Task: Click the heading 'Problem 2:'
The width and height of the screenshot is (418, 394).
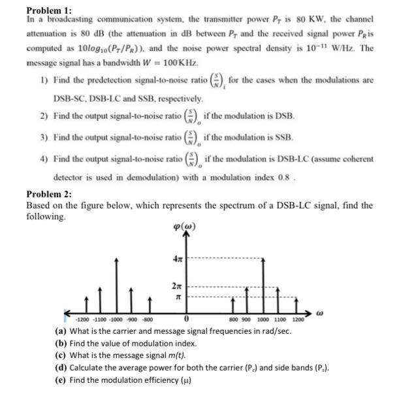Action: pyautogui.click(x=50, y=194)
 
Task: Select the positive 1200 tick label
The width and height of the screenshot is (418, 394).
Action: pyautogui.click(x=297, y=320)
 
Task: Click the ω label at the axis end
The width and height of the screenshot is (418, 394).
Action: pyautogui.click(x=318, y=314)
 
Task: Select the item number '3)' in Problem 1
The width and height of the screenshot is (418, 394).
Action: pyautogui.click(x=43, y=138)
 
